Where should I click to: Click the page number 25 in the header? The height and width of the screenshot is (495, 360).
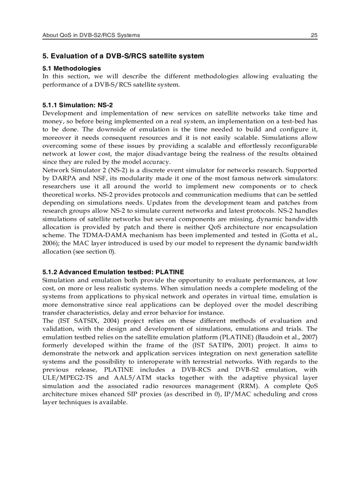(314, 35)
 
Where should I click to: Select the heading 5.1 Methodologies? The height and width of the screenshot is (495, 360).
(71, 68)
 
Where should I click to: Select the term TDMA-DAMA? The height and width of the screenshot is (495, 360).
(96, 235)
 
